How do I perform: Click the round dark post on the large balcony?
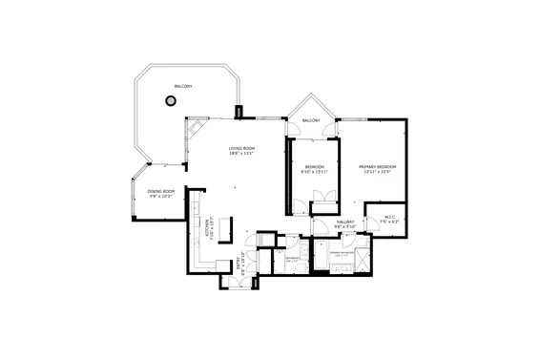point(172,101)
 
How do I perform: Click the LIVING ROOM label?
point(241,148)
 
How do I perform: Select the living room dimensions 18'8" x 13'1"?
point(241,155)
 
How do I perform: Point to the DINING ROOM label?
point(161,191)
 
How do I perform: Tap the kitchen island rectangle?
point(227,228)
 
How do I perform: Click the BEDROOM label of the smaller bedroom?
point(314,167)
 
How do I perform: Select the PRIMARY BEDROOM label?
point(378,167)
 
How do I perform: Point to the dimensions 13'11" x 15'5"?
point(378,173)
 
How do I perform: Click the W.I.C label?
point(388,216)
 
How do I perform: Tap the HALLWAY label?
point(345,222)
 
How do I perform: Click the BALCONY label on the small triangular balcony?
point(311,120)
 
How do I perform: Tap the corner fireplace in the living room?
point(196,130)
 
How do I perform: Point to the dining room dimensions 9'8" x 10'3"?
point(161,197)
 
